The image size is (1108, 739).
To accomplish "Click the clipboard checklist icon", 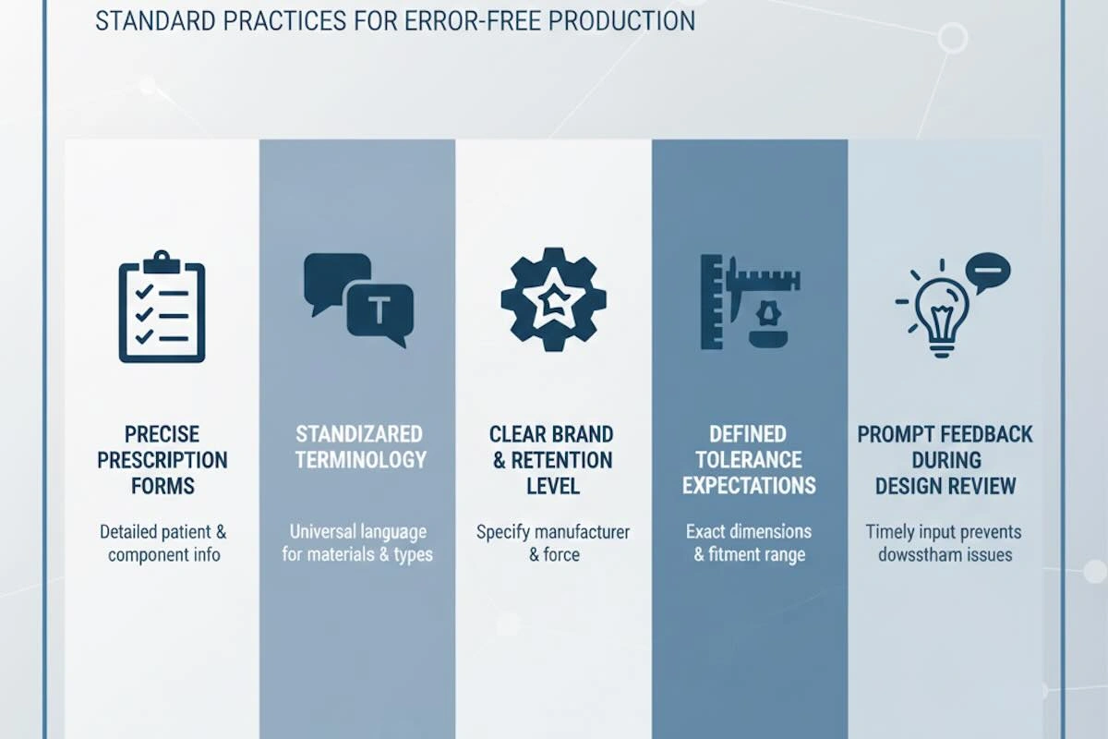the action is [162, 307].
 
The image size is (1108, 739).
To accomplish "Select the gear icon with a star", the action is [553, 299].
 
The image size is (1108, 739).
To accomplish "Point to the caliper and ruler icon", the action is [751, 302].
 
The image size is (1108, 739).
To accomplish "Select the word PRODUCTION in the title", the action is [621, 21].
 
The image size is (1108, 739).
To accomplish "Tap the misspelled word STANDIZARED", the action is [359, 434].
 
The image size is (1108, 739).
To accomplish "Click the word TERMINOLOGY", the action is [361, 460].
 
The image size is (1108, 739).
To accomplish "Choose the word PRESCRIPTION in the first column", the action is [163, 460].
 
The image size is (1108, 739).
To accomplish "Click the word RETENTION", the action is [561, 460].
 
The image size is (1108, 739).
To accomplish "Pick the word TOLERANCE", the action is [749, 460].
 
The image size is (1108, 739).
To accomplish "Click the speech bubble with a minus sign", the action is [988, 273].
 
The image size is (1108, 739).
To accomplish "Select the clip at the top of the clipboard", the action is [162, 262].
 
